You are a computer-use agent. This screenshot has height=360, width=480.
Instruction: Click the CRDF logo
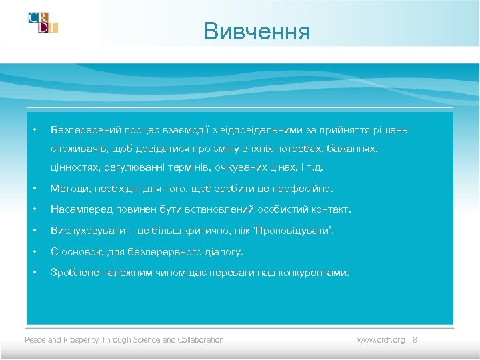43,22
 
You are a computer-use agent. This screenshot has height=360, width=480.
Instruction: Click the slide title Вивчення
257,31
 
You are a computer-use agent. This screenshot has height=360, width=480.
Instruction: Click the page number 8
414,339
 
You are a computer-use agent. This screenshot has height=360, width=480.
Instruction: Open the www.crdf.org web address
381,339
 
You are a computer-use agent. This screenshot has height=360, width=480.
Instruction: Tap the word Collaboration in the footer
201,339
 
